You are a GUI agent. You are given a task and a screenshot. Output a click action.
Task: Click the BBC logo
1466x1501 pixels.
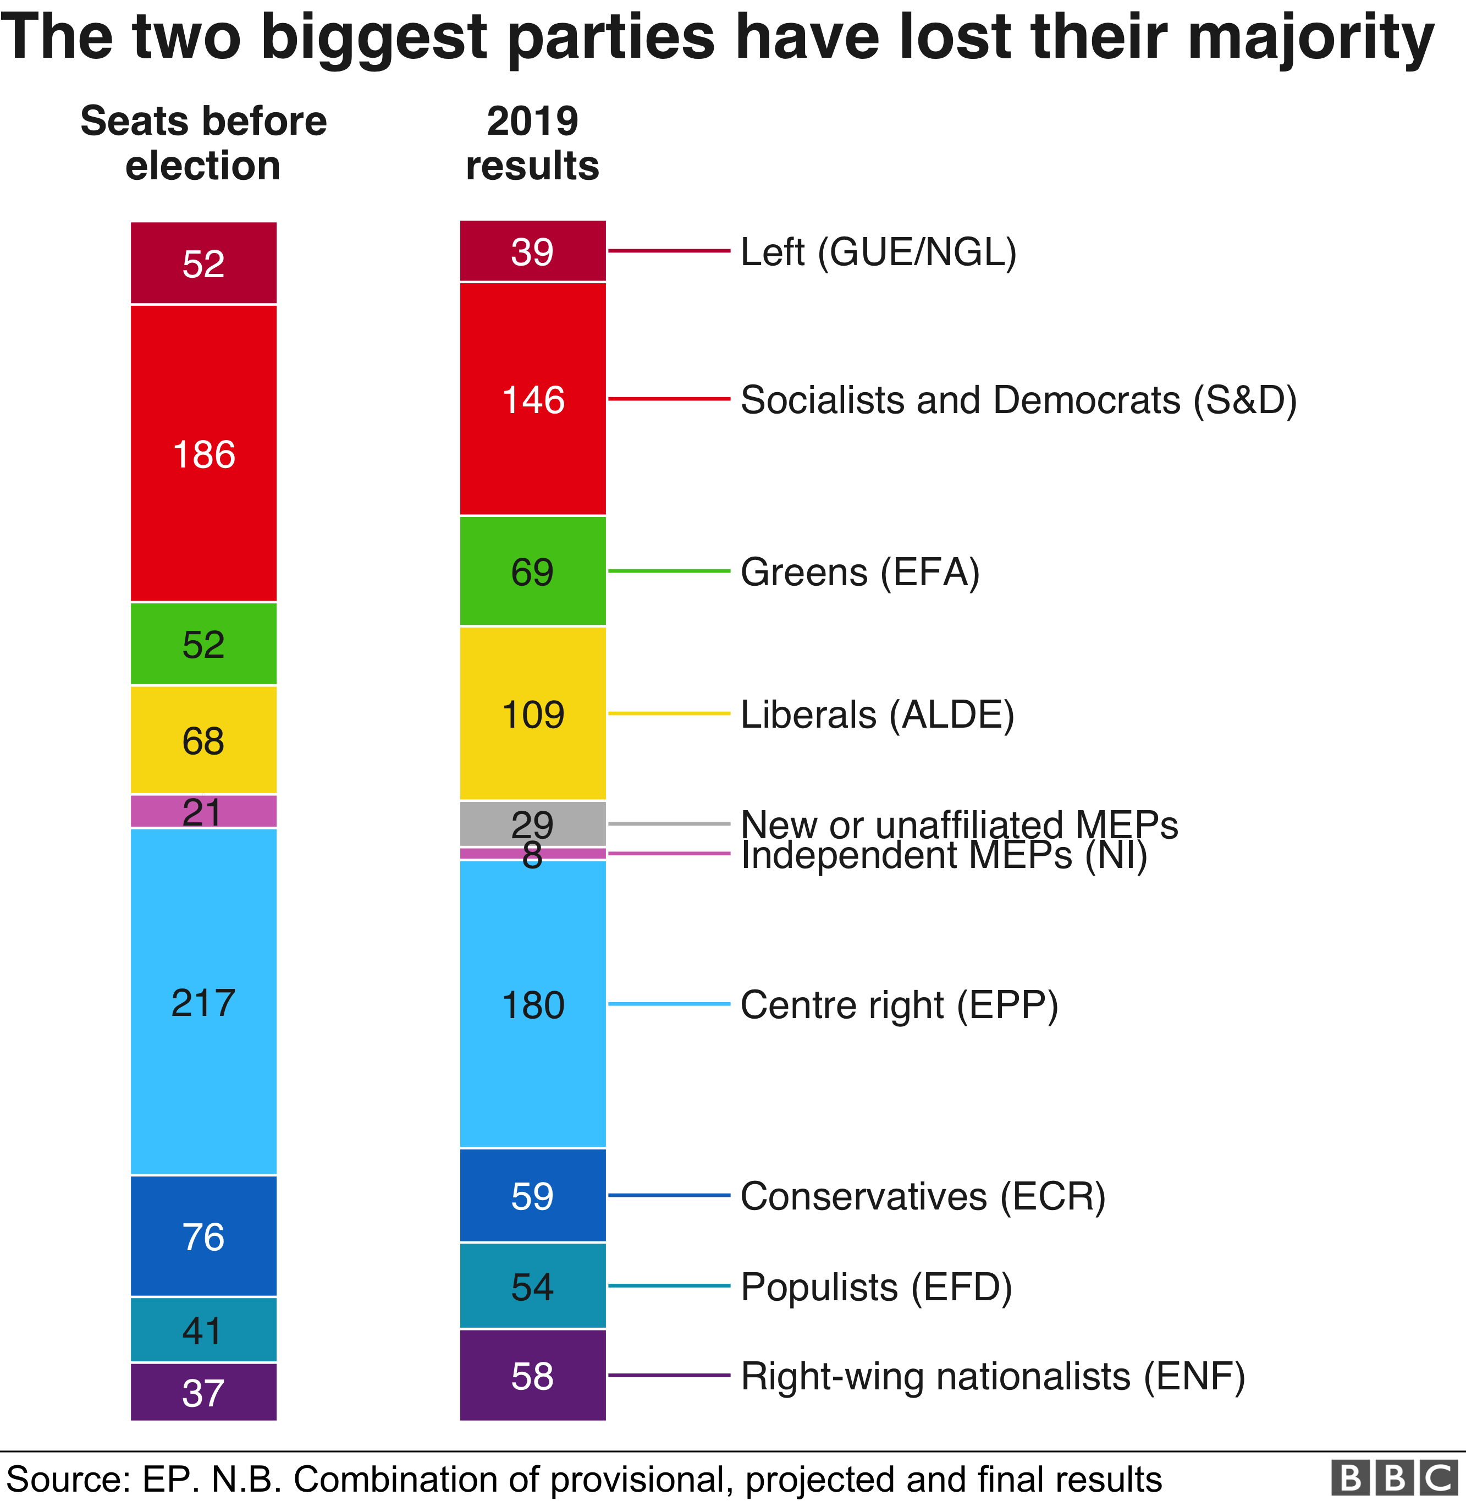coord(1397,1478)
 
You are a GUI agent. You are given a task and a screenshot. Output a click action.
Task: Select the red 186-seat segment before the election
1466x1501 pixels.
coord(203,454)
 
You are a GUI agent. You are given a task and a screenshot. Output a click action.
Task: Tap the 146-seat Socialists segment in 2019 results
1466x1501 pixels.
coord(533,399)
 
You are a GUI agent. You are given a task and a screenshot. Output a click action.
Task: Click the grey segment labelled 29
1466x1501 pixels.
coord(533,823)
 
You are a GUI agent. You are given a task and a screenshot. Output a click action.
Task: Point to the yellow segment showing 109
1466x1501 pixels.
coord(533,714)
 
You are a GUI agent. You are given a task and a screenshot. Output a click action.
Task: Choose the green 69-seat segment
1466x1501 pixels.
coord(533,571)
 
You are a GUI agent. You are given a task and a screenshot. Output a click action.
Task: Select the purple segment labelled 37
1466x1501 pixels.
coord(203,1393)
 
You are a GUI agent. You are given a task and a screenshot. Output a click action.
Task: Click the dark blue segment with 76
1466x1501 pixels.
coord(203,1236)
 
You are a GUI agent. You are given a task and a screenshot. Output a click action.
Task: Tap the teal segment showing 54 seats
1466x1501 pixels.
coord(533,1286)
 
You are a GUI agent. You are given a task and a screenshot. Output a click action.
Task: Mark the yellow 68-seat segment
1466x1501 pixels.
coord(203,740)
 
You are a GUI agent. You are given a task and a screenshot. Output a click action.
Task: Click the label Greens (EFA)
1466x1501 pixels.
coord(860,572)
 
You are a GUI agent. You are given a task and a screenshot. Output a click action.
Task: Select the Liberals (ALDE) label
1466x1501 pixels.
coord(877,714)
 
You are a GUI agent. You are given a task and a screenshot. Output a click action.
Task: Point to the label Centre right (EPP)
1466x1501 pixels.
coord(899,1005)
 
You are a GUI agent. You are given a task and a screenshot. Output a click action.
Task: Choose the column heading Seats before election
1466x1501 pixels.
coord(203,143)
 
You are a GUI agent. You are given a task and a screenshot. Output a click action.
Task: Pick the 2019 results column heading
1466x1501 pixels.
coord(533,143)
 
